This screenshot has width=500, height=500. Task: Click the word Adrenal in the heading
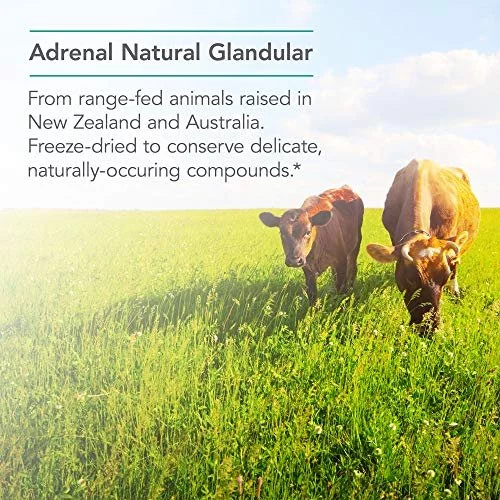(71, 52)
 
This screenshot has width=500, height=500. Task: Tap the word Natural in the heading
(161, 52)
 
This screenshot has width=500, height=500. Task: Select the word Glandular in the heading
(261, 52)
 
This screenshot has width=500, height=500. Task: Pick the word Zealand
(107, 122)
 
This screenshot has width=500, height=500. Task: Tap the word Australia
(225, 122)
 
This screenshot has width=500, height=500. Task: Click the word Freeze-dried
(82, 146)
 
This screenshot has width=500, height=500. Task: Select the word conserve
(205, 147)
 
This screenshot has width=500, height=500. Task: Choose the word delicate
(286, 147)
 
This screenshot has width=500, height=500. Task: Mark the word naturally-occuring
(104, 171)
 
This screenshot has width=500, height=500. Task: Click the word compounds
(239, 171)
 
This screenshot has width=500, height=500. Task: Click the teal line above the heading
(171, 31)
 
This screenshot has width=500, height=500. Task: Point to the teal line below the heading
(171, 76)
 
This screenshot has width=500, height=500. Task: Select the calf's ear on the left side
(270, 220)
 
